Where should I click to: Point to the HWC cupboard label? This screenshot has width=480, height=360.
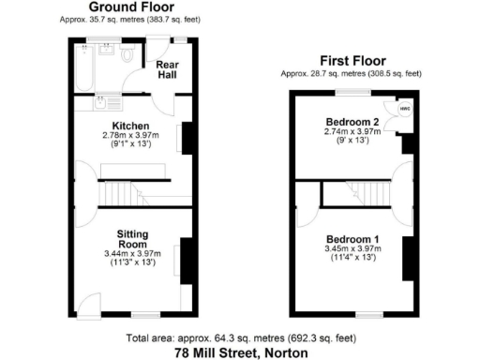405,108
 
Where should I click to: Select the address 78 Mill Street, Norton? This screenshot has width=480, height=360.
240,352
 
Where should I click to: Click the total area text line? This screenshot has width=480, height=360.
240,337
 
